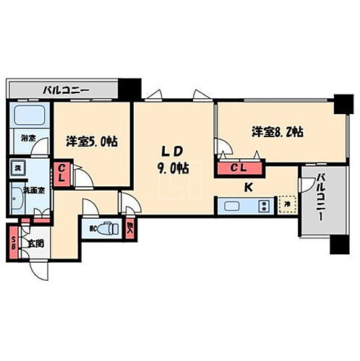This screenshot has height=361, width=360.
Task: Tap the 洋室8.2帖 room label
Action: tap(277, 132)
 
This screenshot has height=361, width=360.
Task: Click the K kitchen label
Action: tap(248, 186)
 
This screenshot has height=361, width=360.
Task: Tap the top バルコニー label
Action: tap(65, 91)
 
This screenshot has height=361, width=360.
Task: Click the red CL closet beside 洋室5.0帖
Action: tap(63, 174)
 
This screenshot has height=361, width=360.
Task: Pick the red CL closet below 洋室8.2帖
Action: tap(239, 169)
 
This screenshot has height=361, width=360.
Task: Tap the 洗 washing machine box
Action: tap(17, 168)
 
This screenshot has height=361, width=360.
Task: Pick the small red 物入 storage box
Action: tap(130, 229)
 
